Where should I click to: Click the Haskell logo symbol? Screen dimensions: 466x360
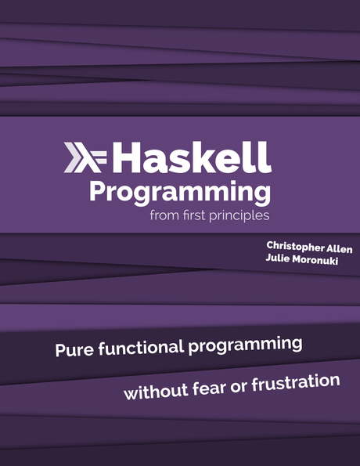coord(87,157)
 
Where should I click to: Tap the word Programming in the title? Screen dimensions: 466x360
coord(180,193)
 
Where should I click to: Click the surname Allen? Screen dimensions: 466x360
coord(343,249)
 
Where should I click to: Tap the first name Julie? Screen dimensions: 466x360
coord(279,262)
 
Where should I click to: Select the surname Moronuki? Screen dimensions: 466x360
coord(323,262)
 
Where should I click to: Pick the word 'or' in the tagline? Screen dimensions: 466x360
coord(236,386)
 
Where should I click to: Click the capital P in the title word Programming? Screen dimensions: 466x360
coord(97,191)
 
